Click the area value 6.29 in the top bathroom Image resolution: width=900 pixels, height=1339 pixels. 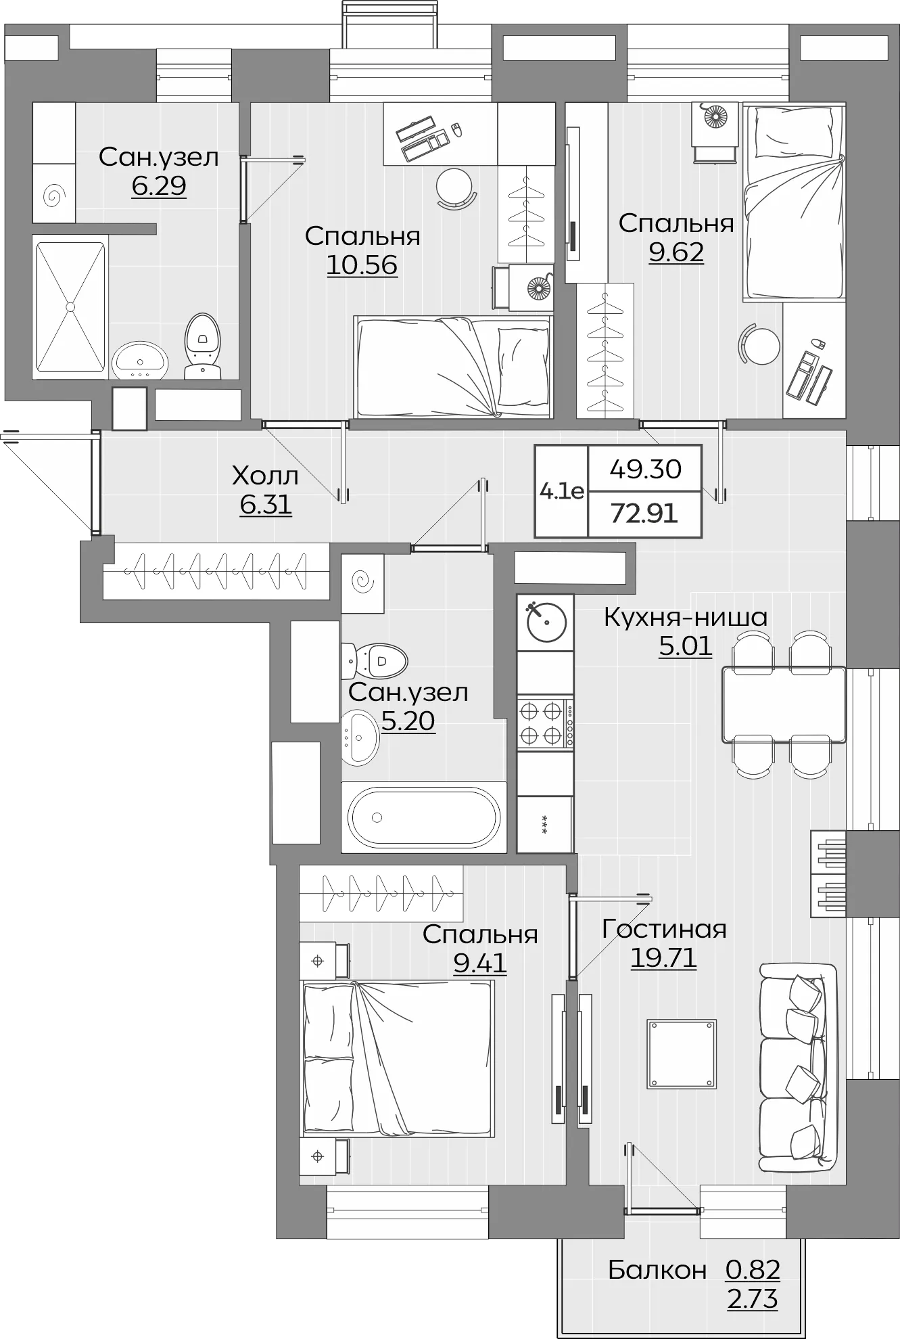[159, 185]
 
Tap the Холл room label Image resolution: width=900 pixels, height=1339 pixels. [265, 476]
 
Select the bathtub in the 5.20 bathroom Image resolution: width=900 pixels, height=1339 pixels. [424, 817]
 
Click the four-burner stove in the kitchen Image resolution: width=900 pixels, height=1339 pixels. [545, 723]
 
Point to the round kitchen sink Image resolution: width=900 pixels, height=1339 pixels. [546, 622]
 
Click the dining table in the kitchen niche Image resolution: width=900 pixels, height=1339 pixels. [784, 704]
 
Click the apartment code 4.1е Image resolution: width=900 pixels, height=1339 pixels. [562, 491]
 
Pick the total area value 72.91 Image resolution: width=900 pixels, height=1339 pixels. [644, 514]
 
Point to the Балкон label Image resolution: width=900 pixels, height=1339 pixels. [657, 1270]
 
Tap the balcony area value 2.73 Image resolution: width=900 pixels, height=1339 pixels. [753, 1300]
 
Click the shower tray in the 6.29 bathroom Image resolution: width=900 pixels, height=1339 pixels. [70, 307]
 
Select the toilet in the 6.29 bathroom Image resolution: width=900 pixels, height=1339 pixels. [203, 346]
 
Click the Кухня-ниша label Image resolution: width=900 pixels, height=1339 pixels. [685, 617]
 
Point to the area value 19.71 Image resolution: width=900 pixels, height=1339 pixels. [663, 958]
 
